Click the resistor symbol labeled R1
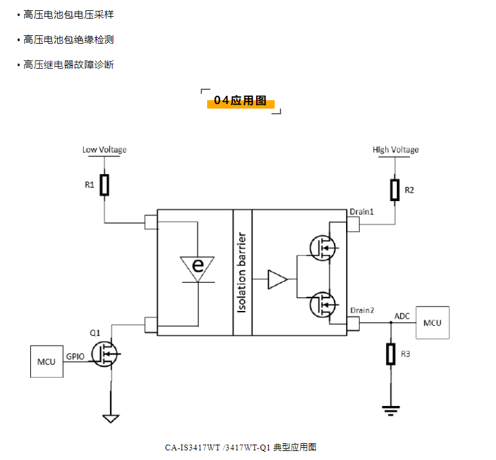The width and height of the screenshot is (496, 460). click(x=105, y=185)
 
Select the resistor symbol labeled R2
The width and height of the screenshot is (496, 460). click(x=395, y=190)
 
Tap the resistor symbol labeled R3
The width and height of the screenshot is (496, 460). click(x=390, y=354)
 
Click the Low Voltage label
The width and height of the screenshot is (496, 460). click(x=104, y=150)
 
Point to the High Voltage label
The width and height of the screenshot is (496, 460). click(x=396, y=150)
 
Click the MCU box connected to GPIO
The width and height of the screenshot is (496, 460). click(x=46, y=361)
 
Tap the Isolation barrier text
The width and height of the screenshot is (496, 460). click(x=243, y=272)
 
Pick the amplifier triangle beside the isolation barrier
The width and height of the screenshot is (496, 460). click(x=277, y=279)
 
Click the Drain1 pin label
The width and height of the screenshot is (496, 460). click(x=362, y=211)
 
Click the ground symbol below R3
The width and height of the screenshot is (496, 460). click(x=390, y=409)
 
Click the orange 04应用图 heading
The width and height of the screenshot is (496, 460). click(x=241, y=102)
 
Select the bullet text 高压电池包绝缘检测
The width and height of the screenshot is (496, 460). click(x=69, y=40)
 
